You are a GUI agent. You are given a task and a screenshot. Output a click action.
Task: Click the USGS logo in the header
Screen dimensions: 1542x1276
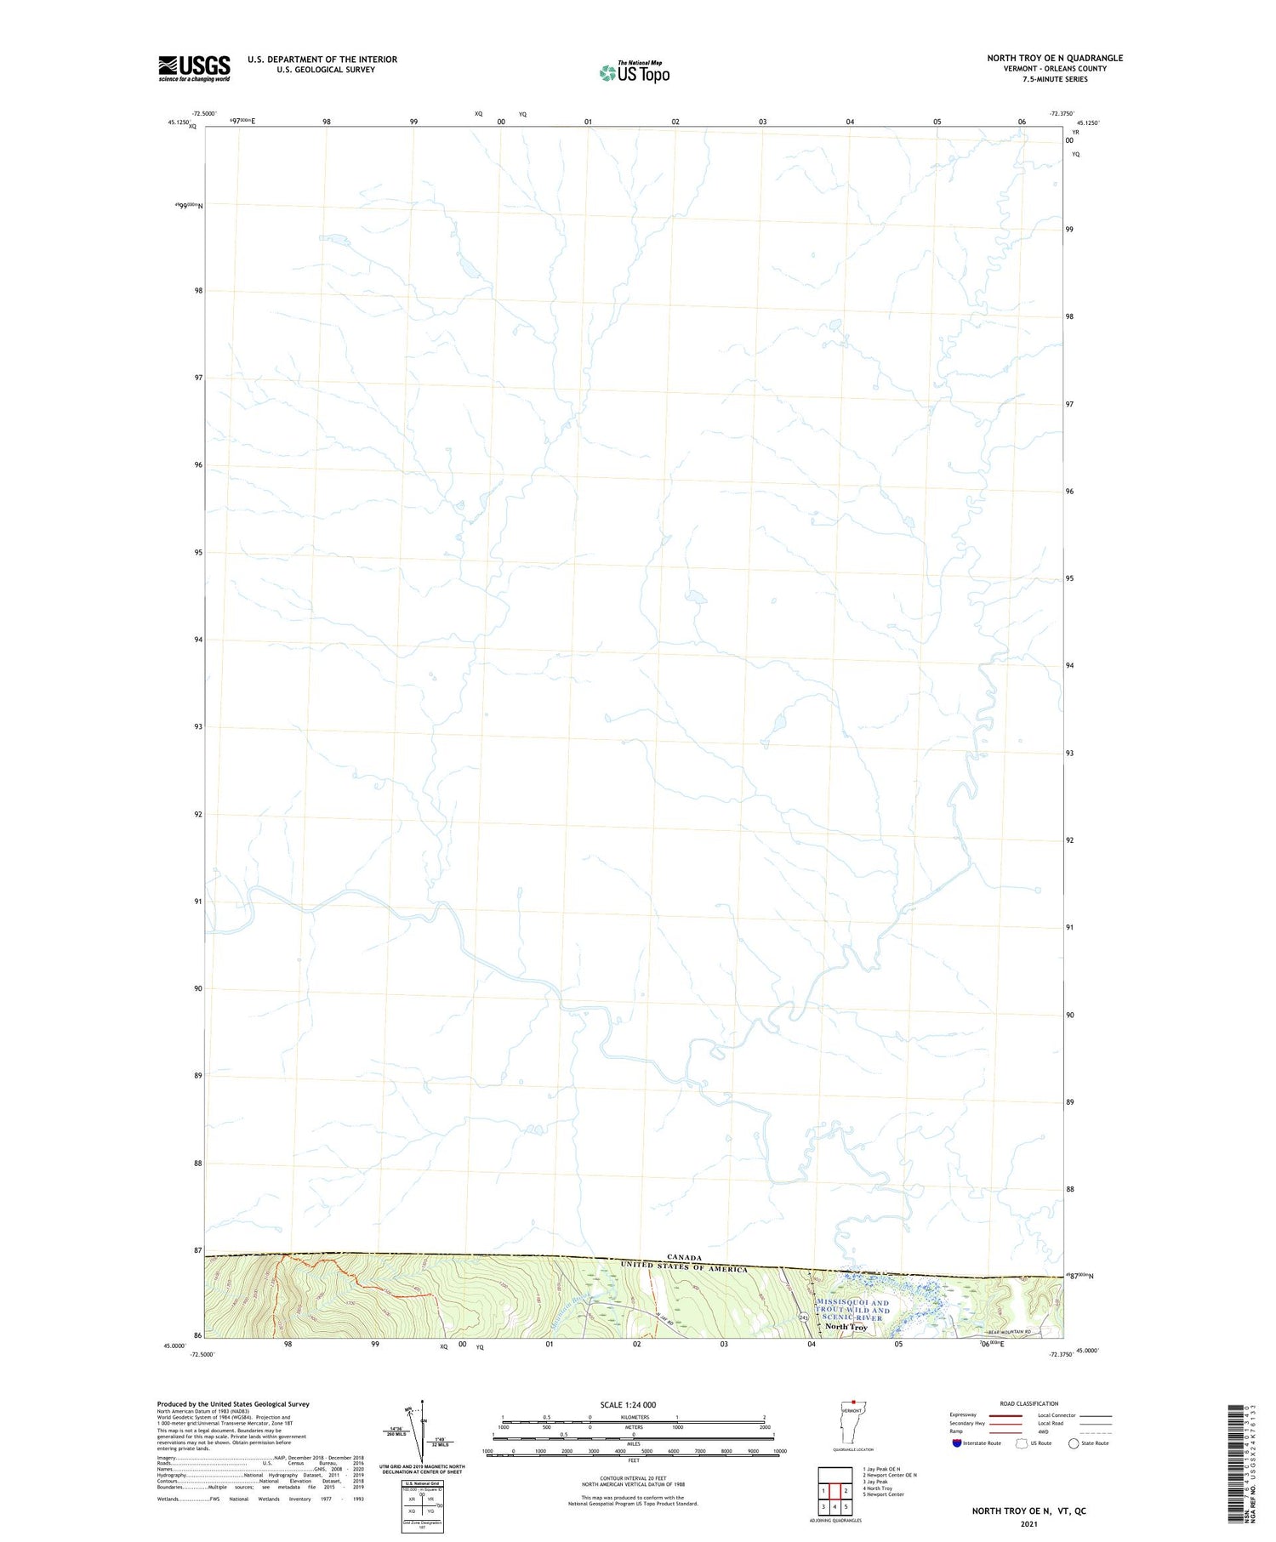point(194,68)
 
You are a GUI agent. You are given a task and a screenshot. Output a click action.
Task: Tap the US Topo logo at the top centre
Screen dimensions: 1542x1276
point(635,72)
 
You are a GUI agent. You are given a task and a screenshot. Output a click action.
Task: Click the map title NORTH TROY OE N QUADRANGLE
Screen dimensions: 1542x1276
point(1054,58)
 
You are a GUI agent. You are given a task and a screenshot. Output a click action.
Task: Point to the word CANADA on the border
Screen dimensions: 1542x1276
point(684,1257)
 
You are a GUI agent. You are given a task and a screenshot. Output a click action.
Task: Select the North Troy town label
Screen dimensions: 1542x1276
point(846,1327)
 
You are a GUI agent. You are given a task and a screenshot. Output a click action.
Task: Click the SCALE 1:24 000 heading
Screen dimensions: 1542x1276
point(633,1404)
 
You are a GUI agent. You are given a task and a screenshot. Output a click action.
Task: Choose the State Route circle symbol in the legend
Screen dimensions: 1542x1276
point(1074,1443)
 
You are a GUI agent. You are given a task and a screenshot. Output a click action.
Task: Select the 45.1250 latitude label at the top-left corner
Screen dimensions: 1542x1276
point(178,122)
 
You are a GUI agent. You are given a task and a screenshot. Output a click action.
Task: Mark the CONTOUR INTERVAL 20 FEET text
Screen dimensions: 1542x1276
point(633,1478)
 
